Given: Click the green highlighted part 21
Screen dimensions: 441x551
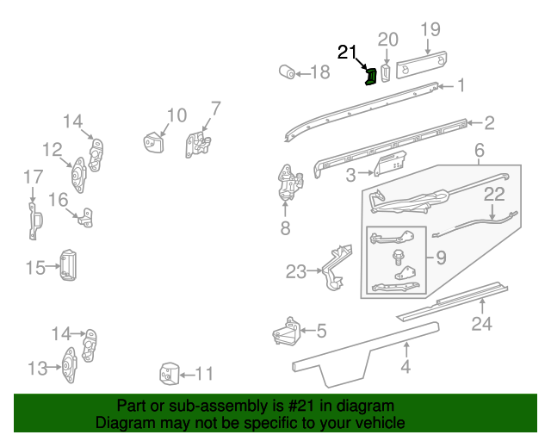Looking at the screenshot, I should pyautogui.click(x=370, y=78).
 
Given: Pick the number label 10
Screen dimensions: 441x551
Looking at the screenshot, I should pyautogui.click(x=176, y=115).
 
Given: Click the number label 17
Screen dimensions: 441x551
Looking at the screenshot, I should pyautogui.click(x=33, y=177).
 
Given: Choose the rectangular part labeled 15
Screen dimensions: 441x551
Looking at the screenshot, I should pyautogui.click(x=67, y=264).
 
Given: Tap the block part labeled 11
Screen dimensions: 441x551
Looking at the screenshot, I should pyautogui.click(x=167, y=374).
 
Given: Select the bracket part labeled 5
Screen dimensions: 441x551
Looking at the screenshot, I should pyautogui.click(x=286, y=331).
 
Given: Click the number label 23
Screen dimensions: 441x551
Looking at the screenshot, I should pyautogui.click(x=295, y=273).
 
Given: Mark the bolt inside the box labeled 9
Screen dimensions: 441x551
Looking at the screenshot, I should pyautogui.click(x=399, y=256).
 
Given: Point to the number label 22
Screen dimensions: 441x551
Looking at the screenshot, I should pyautogui.click(x=493, y=195).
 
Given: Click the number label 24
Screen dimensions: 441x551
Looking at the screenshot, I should pyautogui.click(x=481, y=325).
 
